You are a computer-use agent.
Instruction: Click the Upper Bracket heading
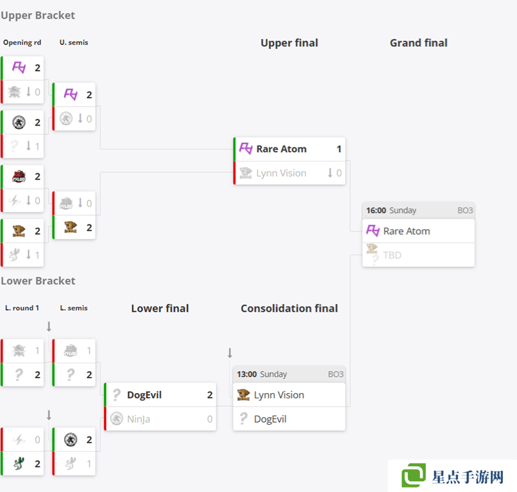click(x=38, y=15)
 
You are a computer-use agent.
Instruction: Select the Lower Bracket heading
click(x=38, y=281)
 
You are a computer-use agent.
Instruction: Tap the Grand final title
click(x=418, y=43)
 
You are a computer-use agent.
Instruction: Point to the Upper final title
click(x=289, y=43)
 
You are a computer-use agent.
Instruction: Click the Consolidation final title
click(x=289, y=308)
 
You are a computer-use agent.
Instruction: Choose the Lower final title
click(x=160, y=308)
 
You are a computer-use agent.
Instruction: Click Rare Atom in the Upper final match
click(x=281, y=149)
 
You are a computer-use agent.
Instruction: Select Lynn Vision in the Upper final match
click(x=281, y=173)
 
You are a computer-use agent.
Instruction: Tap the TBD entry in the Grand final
click(x=392, y=255)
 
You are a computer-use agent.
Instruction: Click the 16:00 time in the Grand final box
click(x=375, y=210)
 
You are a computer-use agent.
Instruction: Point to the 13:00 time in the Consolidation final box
click(x=247, y=374)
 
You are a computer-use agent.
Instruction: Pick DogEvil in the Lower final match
click(x=144, y=395)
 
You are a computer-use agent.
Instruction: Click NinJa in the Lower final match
click(x=139, y=419)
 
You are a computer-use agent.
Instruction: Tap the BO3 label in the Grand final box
click(x=465, y=210)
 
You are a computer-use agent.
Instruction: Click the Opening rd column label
click(x=22, y=43)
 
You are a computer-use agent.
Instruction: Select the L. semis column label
click(x=74, y=308)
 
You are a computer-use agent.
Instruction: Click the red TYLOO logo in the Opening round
click(x=19, y=176)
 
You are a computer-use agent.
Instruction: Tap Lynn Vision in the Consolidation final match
click(x=279, y=395)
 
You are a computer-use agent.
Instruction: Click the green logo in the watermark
click(x=414, y=476)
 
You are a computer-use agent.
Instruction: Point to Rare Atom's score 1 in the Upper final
click(x=339, y=149)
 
